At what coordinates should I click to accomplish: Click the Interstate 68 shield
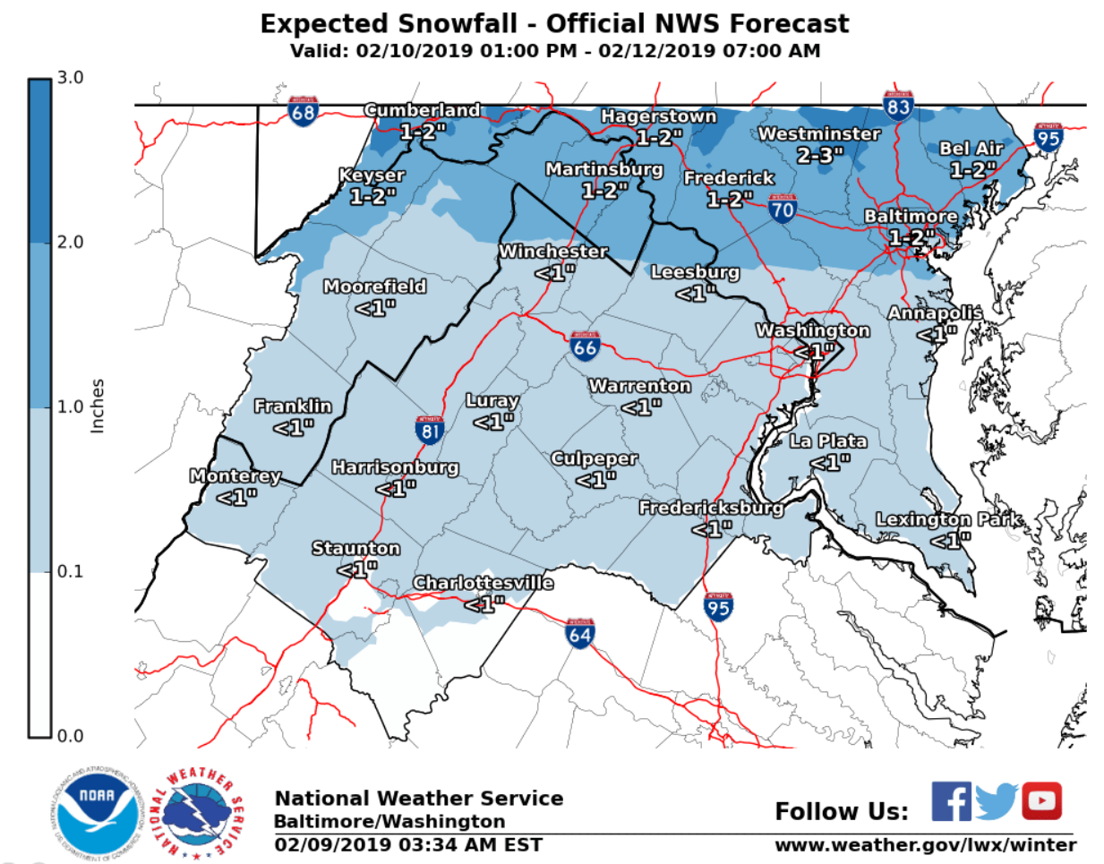tap(303, 112)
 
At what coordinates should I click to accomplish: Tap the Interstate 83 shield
tap(898, 107)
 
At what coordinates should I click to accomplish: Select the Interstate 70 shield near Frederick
tap(782, 210)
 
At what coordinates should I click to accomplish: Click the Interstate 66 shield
tap(585, 346)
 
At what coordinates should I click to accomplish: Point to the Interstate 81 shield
tap(431, 431)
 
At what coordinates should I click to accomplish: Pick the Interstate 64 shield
tap(580, 633)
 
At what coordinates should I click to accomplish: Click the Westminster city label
tap(819, 134)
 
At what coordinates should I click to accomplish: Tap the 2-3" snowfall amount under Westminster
tap(819, 156)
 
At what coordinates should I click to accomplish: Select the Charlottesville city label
tap(483, 584)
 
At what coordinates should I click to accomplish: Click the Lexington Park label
tap(948, 520)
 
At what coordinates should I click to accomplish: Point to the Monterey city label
tap(235, 476)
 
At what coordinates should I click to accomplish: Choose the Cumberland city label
tap(422, 110)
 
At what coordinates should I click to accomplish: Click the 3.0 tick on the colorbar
tap(70, 78)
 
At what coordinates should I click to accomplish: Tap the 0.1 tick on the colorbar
tap(70, 571)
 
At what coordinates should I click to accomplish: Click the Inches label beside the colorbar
tap(98, 406)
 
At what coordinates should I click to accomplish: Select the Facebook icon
tap(951, 800)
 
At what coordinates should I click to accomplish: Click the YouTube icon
tap(1041, 800)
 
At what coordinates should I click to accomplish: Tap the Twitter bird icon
tap(997, 801)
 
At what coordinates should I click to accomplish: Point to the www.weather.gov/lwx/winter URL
tap(925, 845)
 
